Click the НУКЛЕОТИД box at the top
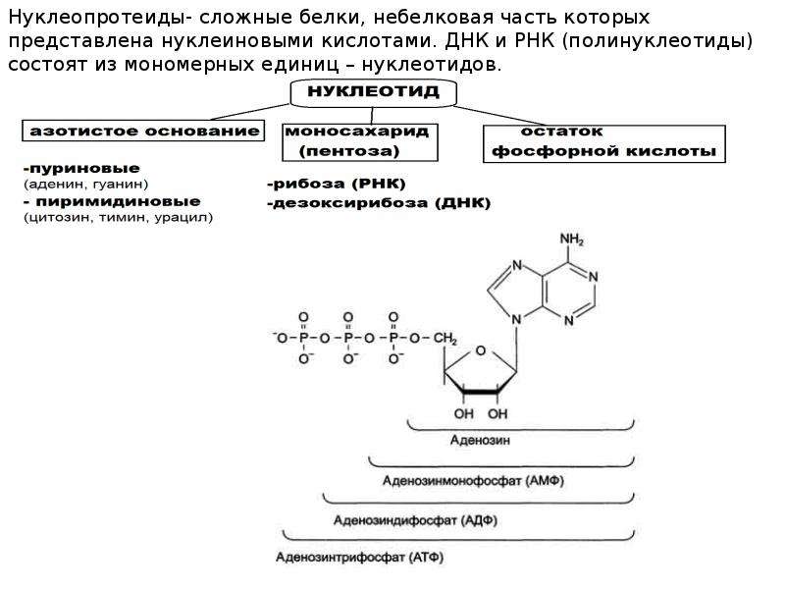coord(374,92)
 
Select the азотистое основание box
coord(143,131)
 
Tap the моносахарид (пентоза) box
coord(359,142)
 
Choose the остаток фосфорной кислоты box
coord(603,143)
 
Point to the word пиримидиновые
coord(118,201)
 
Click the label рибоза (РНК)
coord(337,184)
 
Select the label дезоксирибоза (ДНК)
coord(379,203)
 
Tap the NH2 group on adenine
coord(572,240)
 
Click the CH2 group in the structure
coord(445,339)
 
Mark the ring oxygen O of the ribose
coord(481,350)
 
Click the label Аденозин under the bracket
coord(480,440)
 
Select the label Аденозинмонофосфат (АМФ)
coord(473,481)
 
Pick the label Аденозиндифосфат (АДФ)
coord(415,520)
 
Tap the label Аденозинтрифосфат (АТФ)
coord(359,557)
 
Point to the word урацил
coord(183,218)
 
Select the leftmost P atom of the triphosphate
coord(303,339)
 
